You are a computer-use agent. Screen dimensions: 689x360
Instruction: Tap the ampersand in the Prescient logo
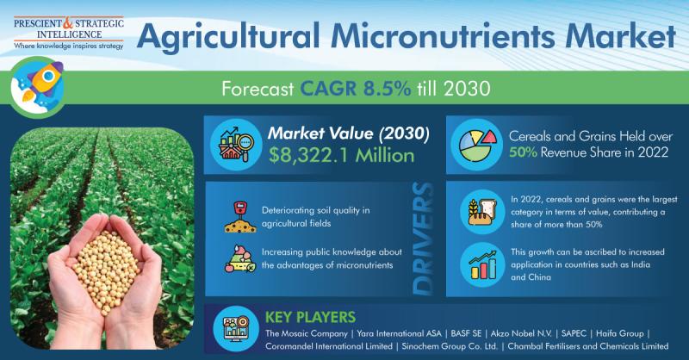[x=69, y=23]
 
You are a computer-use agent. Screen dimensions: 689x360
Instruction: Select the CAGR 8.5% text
[x=355, y=89]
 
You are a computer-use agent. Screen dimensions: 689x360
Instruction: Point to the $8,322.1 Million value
[x=341, y=156]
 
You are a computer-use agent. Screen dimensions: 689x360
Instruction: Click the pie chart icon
[x=477, y=145]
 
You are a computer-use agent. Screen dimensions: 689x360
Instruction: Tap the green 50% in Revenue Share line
[x=523, y=152]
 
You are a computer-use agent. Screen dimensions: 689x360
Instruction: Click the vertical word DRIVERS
[x=423, y=239]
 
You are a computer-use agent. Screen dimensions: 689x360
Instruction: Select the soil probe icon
[x=240, y=217]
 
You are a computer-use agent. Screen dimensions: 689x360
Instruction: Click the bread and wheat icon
[x=482, y=212]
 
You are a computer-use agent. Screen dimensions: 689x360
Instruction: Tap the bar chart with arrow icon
[x=482, y=265]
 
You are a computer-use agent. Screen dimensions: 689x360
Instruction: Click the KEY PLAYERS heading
[x=310, y=317]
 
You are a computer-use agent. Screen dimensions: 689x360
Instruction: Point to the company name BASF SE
[x=466, y=333]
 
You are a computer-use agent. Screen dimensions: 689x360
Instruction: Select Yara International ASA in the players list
[x=399, y=333]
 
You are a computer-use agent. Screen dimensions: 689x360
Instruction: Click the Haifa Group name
[x=619, y=333]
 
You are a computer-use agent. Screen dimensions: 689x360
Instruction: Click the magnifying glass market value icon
[x=236, y=145]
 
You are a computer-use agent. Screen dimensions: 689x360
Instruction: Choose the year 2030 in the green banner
[x=467, y=89]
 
